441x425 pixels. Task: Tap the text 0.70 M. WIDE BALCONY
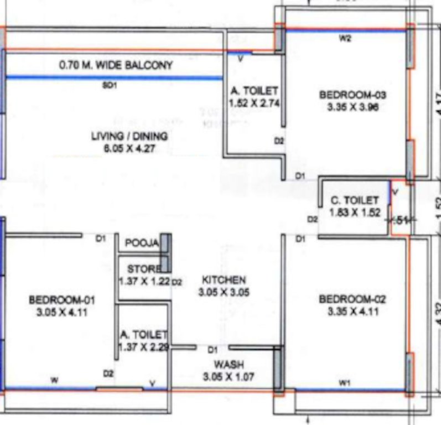click(x=116, y=65)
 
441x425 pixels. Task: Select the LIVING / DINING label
click(x=129, y=136)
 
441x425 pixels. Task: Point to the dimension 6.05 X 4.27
click(x=129, y=148)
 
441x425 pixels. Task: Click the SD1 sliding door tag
click(x=109, y=86)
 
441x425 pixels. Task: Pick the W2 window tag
click(x=345, y=39)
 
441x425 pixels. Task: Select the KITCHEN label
click(x=223, y=280)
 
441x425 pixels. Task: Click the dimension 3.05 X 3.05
click(x=223, y=293)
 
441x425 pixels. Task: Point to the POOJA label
click(x=142, y=243)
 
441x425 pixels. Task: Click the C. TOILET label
click(x=355, y=200)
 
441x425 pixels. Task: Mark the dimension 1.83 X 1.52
click(x=355, y=212)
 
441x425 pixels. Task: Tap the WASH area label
click(x=227, y=365)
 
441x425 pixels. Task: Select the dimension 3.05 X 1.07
click(x=227, y=376)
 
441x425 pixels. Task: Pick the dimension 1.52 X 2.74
click(x=254, y=102)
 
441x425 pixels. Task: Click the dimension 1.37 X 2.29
click(x=144, y=347)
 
